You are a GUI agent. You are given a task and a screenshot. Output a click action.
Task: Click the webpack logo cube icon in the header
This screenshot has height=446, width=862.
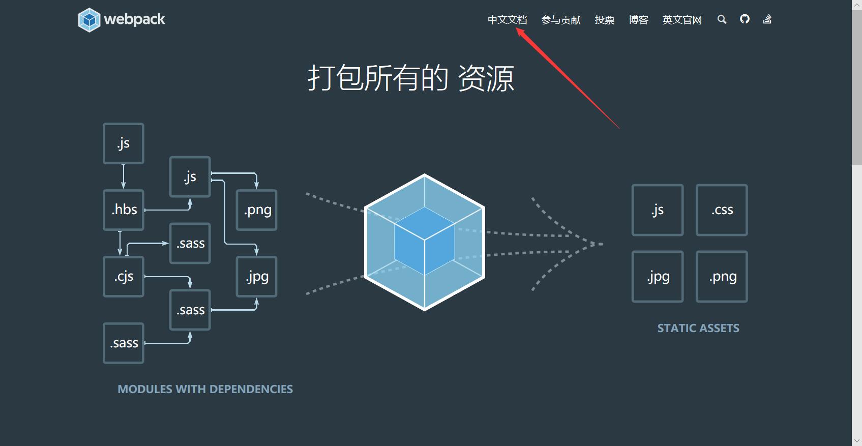(90, 20)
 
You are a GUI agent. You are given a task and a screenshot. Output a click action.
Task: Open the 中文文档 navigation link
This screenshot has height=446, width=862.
(507, 20)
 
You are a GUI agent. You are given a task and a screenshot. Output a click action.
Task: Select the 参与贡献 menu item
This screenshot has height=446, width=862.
(561, 20)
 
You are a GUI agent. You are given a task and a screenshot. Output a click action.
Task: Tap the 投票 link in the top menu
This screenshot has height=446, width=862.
(605, 20)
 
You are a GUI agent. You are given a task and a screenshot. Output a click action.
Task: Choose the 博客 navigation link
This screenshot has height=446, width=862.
(638, 20)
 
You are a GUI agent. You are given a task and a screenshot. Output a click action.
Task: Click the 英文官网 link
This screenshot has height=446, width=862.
(682, 20)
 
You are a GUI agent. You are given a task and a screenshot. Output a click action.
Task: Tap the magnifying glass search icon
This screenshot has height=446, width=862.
(722, 19)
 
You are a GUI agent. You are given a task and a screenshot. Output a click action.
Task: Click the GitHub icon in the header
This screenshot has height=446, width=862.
(745, 19)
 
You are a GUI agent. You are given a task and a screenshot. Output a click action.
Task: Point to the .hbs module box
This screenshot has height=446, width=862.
(124, 210)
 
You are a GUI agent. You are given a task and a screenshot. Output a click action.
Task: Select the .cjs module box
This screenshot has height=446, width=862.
(124, 277)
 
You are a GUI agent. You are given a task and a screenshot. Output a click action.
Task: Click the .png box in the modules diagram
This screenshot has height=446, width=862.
(257, 210)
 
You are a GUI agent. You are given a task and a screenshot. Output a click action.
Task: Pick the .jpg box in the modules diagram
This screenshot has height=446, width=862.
(257, 277)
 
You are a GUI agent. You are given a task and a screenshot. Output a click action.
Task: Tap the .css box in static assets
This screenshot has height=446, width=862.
(722, 210)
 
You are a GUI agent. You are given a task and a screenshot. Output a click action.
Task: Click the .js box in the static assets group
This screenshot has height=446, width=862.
(658, 210)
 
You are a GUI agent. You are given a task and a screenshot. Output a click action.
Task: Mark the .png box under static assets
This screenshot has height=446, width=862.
(722, 277)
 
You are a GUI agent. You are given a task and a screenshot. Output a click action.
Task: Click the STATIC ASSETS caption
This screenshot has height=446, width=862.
(698, 328)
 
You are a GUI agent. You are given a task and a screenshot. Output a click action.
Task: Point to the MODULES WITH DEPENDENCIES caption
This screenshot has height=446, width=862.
(205, 389)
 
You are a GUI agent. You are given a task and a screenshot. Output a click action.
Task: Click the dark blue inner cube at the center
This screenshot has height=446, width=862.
(425, 242)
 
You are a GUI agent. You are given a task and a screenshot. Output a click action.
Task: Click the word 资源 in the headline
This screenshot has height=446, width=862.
(486, 79)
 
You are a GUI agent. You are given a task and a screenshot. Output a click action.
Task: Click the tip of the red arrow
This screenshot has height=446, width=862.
(518, 29)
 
